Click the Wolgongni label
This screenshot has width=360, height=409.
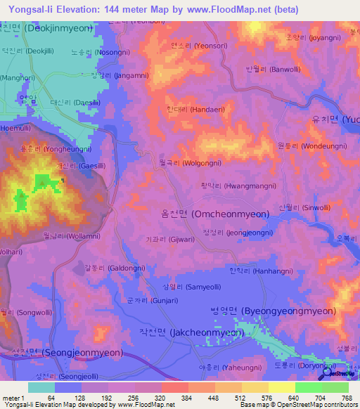pyautogui.click(x=186, y=162)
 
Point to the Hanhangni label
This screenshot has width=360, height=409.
pyautogui.click(x=260, y=271)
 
